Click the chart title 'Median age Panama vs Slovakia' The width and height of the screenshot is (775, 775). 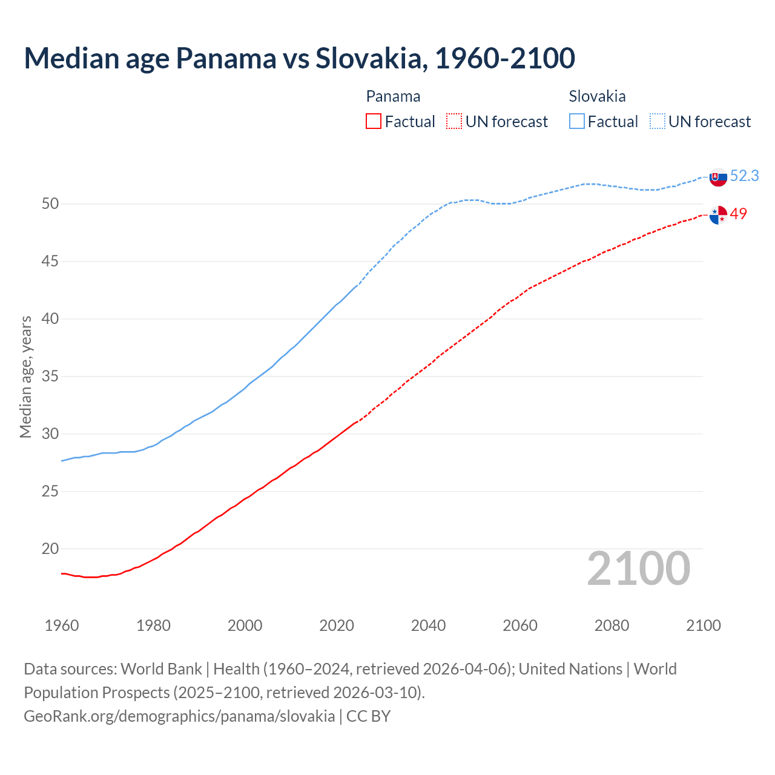pyautogui.click(x=299, y=58)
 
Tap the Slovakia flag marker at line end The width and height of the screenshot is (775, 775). pyautogui.click(x=718, y=177)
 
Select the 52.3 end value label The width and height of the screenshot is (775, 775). pyautogui.click(x=744, y=176)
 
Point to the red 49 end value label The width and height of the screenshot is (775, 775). pyautogui.click(x=738, y=214)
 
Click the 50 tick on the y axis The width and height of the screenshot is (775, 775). pyautogui.click(x=50, y=204)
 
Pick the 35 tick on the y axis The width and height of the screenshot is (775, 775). pyautogui.click(x=50, y=377)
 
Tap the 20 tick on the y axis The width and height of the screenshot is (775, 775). pyautogui.click(x=50, y=549)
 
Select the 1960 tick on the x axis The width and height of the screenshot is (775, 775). pyautogui.click(x=62, y=625)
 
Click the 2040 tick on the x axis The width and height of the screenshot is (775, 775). pyautogui.click(x=428, y=625)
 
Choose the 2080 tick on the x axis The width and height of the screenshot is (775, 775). pyautogui.click(x=612, y=625)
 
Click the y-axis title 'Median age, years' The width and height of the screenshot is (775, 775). pyautogui.click(x=25, y=377)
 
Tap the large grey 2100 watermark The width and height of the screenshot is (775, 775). pyautogui.click(x=638, y=569)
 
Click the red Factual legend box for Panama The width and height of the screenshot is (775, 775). pyautogui.click(x=374, y=122)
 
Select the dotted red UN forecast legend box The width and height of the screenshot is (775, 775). pyautogui.click(x=454, y=122)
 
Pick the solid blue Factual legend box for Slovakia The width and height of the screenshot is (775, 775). pyautogui.click(x=577, y=122)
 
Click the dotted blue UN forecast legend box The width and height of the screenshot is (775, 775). pyautogui.click(x=658, y=122)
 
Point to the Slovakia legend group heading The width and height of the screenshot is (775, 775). pyautogui.click(x=597, y=96)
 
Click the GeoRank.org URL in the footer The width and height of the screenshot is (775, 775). pyautogui.click(x=179, y=716)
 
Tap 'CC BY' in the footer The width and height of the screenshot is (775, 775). pyautogui.click(x=369, y=716)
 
